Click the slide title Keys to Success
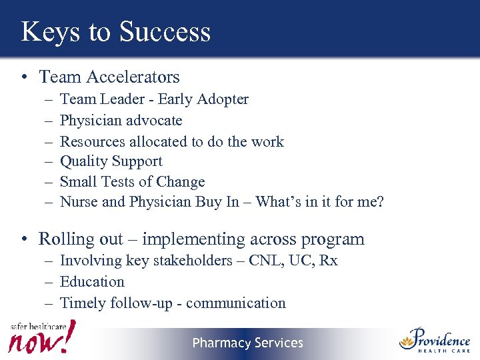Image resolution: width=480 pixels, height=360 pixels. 115,31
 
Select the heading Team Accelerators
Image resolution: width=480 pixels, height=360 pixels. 109,77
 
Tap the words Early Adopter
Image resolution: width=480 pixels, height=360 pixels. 203,99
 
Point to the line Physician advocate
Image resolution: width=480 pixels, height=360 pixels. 121,121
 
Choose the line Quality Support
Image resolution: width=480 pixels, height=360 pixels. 111,161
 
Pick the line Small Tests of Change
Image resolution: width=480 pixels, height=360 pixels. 132,181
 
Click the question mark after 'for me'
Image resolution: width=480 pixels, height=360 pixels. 380,201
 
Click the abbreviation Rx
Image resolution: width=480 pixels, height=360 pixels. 328,261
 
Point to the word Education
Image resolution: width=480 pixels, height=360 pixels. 92,281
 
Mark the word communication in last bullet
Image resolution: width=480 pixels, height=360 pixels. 235,303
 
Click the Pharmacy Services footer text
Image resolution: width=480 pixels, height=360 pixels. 247,343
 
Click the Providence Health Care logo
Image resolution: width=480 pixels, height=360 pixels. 435,341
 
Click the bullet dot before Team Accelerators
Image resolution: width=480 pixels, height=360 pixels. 24,78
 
